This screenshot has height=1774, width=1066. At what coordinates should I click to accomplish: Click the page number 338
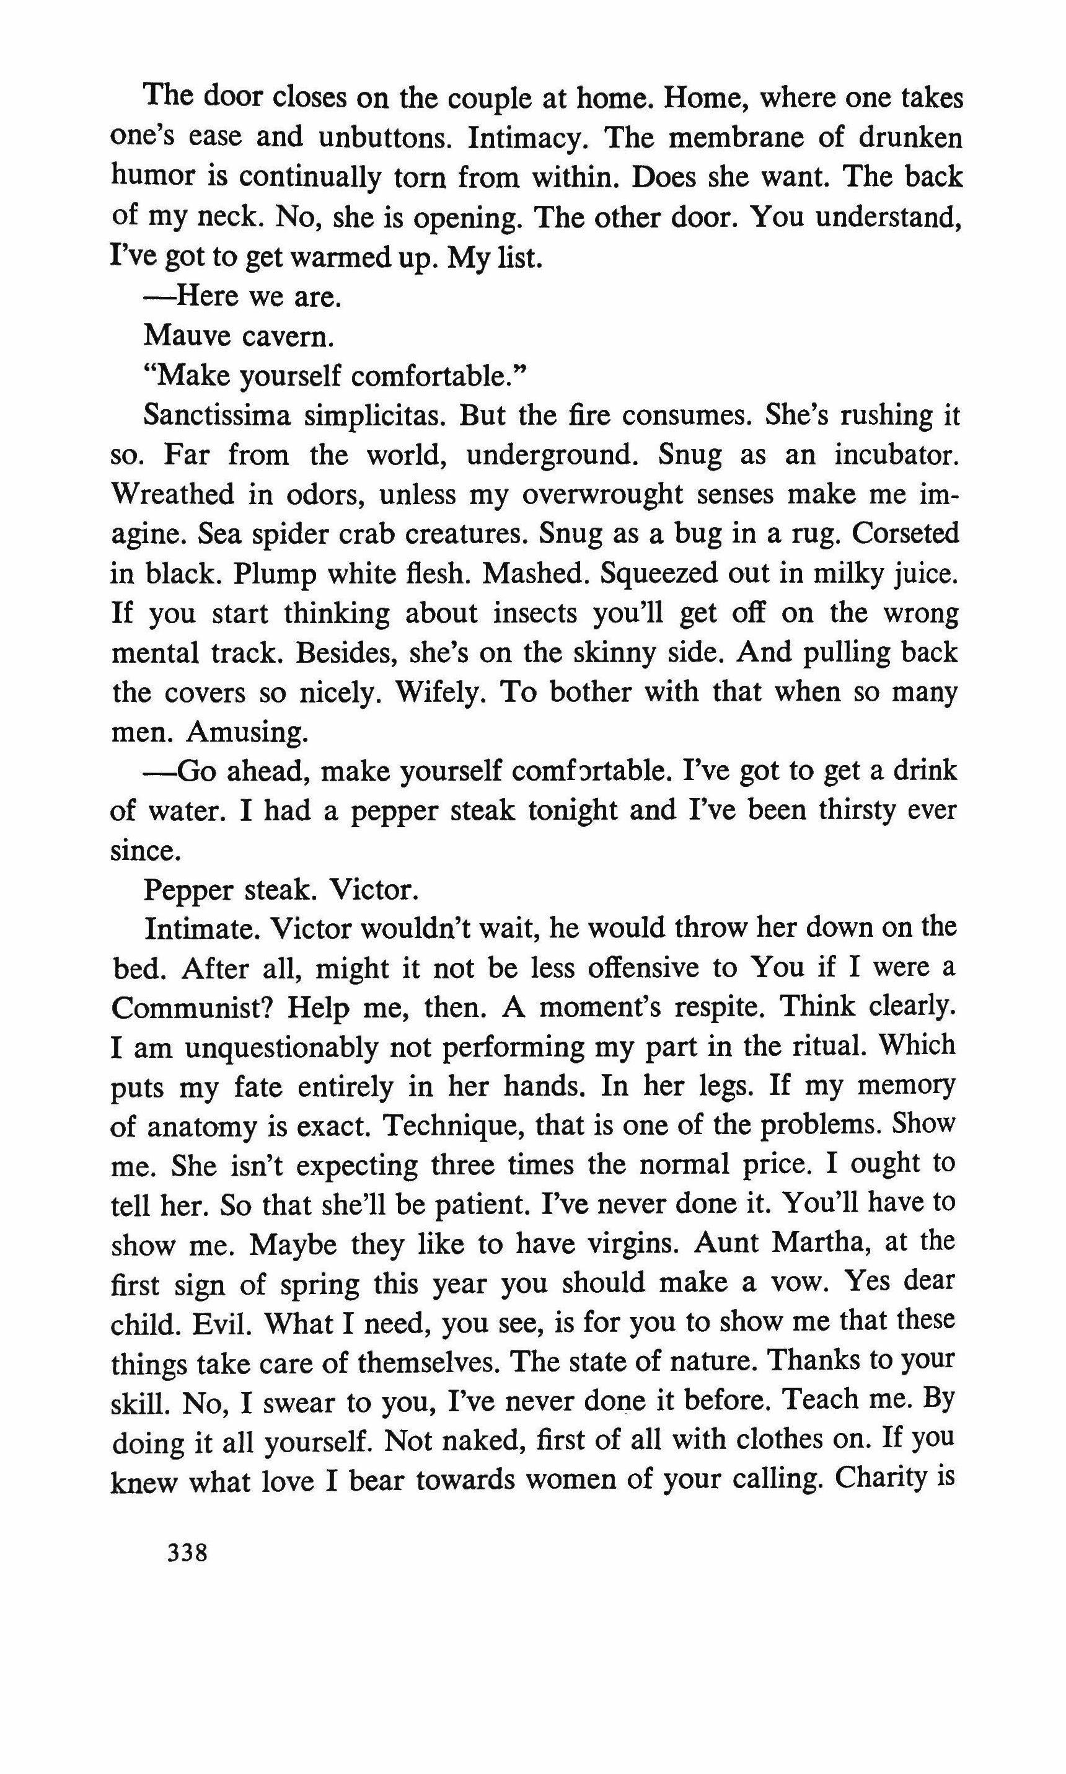(x=187, y=1553)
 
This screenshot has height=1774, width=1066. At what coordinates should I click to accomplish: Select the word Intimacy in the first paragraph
(x=528, y=136)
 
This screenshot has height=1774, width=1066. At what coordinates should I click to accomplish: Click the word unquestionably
(x=281, y=1047)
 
